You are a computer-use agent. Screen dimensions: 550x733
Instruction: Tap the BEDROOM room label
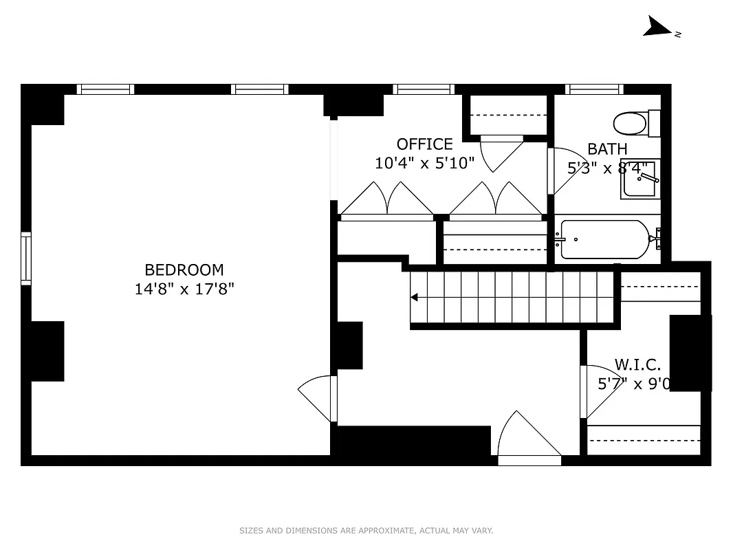pos(184,270)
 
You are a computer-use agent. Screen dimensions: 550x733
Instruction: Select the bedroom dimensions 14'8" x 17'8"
pos(184,289)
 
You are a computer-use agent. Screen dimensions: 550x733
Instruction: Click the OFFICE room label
pos(424,144)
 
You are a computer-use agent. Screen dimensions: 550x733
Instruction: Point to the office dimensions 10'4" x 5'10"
pos(424,164)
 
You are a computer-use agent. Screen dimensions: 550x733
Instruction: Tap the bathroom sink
pos(640,179)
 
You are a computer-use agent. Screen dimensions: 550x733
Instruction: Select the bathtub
pos(605,239)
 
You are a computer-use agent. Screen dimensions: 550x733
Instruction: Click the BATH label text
pos(607,148)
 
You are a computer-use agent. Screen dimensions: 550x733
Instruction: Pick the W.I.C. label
pos(637,364)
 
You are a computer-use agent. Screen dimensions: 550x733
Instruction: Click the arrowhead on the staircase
pos(415,298)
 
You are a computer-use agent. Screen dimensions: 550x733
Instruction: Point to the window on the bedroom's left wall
pos(26,258)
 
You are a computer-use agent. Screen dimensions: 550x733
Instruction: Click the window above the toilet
pos(594,89)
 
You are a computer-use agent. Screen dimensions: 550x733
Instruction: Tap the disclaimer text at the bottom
pos(366,530)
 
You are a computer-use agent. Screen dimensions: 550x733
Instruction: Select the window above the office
pos(424,89)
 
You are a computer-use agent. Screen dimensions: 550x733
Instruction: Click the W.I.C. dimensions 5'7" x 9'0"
pos(633,384)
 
